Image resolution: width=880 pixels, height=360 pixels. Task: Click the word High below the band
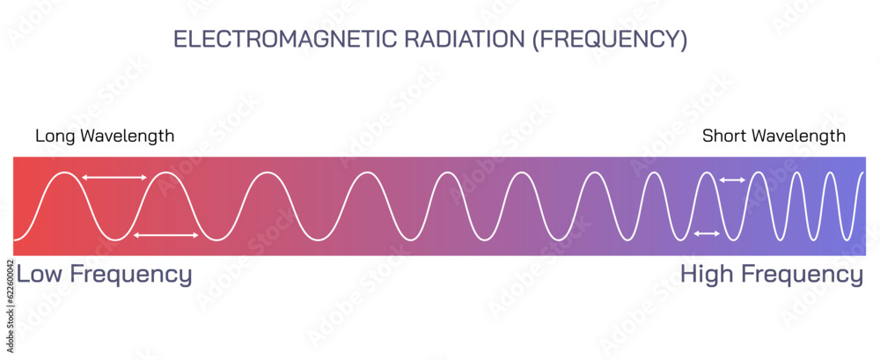click(x=708, y=274)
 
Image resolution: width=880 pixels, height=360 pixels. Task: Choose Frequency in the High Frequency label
click(x=803, y=275)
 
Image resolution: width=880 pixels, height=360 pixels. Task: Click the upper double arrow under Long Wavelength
click(x=114, y=178)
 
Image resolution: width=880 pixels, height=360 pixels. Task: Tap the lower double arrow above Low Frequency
click(x=165, y=234)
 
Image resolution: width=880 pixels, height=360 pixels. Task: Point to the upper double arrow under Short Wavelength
click(x=732, y=180)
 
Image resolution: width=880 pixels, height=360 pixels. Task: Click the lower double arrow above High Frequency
click(x=708, y=233)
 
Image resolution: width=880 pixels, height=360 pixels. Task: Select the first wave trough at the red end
click(x=114, y=239)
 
